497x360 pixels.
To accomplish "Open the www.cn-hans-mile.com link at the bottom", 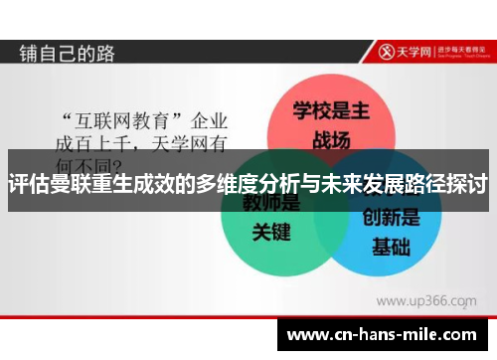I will coord(385,335).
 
